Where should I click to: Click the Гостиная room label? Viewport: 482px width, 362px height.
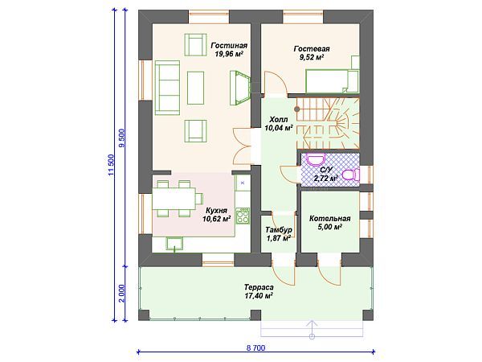[229, 50]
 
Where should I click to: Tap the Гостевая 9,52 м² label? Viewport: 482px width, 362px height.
[312, 52]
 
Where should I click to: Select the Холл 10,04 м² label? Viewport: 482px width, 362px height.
[279, 123]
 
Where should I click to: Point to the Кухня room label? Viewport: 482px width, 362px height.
[217, 215]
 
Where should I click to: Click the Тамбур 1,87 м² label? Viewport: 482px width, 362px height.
[279, 233]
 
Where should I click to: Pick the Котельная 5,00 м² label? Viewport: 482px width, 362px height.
[330, 223]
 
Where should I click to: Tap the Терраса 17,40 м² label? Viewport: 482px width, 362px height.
[259, 291]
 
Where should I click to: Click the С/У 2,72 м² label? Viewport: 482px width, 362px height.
[326, 175]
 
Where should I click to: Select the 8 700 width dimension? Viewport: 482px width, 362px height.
[255, 348]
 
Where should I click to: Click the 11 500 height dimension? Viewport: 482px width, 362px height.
[112, 165]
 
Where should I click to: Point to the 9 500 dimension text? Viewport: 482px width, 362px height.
[122, 138]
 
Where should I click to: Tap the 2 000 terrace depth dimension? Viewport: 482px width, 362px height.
[122, 293]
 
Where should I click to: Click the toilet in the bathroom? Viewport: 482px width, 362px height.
[351, 175]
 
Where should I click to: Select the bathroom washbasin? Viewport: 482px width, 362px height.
[316, 160]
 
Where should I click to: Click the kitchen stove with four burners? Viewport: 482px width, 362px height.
[243, 216]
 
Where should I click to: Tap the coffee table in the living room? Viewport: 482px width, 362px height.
[195, 88]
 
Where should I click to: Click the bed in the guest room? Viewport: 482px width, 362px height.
[332, 81]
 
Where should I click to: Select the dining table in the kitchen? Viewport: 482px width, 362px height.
[174, 199]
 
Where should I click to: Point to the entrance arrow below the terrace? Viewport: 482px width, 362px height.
[312, 329]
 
